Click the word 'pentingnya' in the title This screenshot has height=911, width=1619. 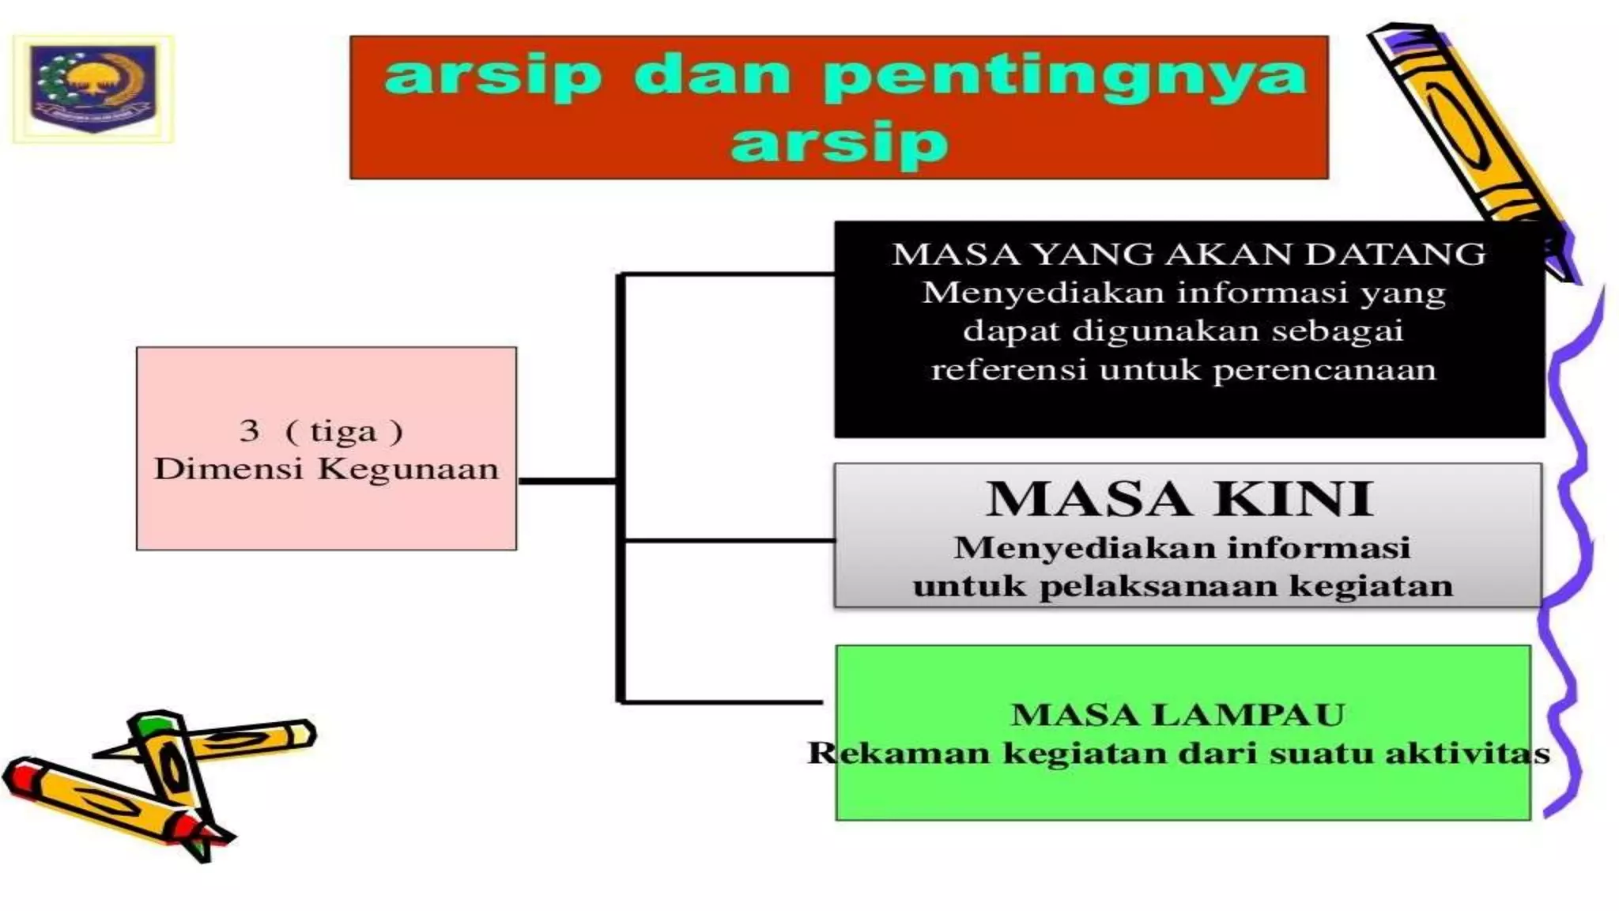click(1064, 77)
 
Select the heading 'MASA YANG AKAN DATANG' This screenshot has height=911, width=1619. click(1189, 255)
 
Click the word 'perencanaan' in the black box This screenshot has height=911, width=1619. click(1324, 370)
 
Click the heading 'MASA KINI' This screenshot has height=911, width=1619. click(1179, 499)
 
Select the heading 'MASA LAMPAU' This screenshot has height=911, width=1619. click(1178, 715)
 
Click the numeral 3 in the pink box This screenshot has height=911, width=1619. click(249, 431)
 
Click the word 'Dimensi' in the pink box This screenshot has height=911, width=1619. click(228, 469)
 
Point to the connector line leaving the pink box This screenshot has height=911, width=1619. click(566, 480)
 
